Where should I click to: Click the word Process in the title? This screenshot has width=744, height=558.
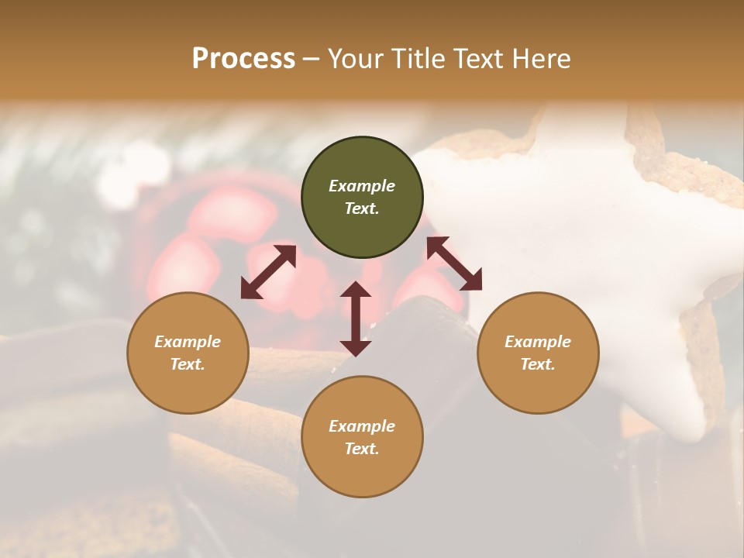click(243, 59)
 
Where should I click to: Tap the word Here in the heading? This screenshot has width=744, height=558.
click(542, 59)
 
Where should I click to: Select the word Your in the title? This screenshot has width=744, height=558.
click(356, 59)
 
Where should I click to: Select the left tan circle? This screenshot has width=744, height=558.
click(188, 380)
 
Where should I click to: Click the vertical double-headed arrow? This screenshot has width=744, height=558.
click(356, 319)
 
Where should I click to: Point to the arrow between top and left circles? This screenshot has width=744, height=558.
click(268, 272)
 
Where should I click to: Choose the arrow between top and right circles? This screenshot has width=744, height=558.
click(454, 263)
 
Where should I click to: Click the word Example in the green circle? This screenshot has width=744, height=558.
click(362, 186)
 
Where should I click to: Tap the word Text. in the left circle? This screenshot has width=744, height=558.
click(188, 364)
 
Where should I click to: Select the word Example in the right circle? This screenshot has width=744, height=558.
click(538, 342)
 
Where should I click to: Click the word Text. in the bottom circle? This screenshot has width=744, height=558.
click(362, 449)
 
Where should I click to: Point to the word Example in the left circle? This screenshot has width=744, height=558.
click(188, 342)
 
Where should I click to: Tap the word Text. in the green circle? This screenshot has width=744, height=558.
click(362, 208)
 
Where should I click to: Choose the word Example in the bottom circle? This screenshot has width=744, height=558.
click(362, 426)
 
